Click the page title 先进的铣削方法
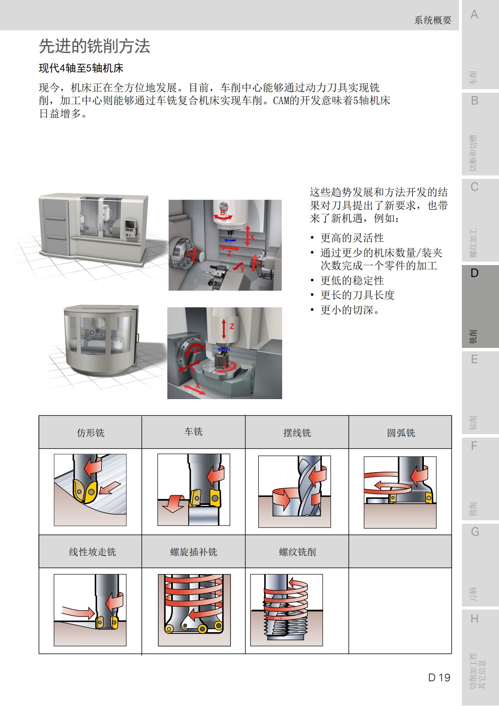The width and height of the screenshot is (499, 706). (94, 46)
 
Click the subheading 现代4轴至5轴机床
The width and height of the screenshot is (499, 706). (81, 68)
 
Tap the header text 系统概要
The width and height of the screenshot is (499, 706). (432, 20)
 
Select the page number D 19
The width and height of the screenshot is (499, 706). (439, 677)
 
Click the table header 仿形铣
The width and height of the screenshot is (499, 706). (90, 433)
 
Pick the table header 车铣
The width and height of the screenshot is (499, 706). (193, 432)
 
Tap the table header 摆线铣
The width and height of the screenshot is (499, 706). (297, 433)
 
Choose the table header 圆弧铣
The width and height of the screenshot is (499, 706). (401, 433)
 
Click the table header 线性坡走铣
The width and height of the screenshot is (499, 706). (92, 552)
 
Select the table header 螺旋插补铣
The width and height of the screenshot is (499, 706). (193, 552)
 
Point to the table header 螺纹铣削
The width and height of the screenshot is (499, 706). (297, 552)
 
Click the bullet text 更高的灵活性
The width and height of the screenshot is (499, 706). (352, 238)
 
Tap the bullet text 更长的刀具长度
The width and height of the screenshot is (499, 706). (357, 295)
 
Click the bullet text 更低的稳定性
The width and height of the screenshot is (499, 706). (352, 280)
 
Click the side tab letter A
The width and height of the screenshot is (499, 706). (474, 15)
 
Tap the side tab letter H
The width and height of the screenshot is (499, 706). (474, 618)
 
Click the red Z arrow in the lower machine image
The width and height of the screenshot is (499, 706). (224, 329)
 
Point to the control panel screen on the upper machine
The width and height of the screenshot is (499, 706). (129, 225)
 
